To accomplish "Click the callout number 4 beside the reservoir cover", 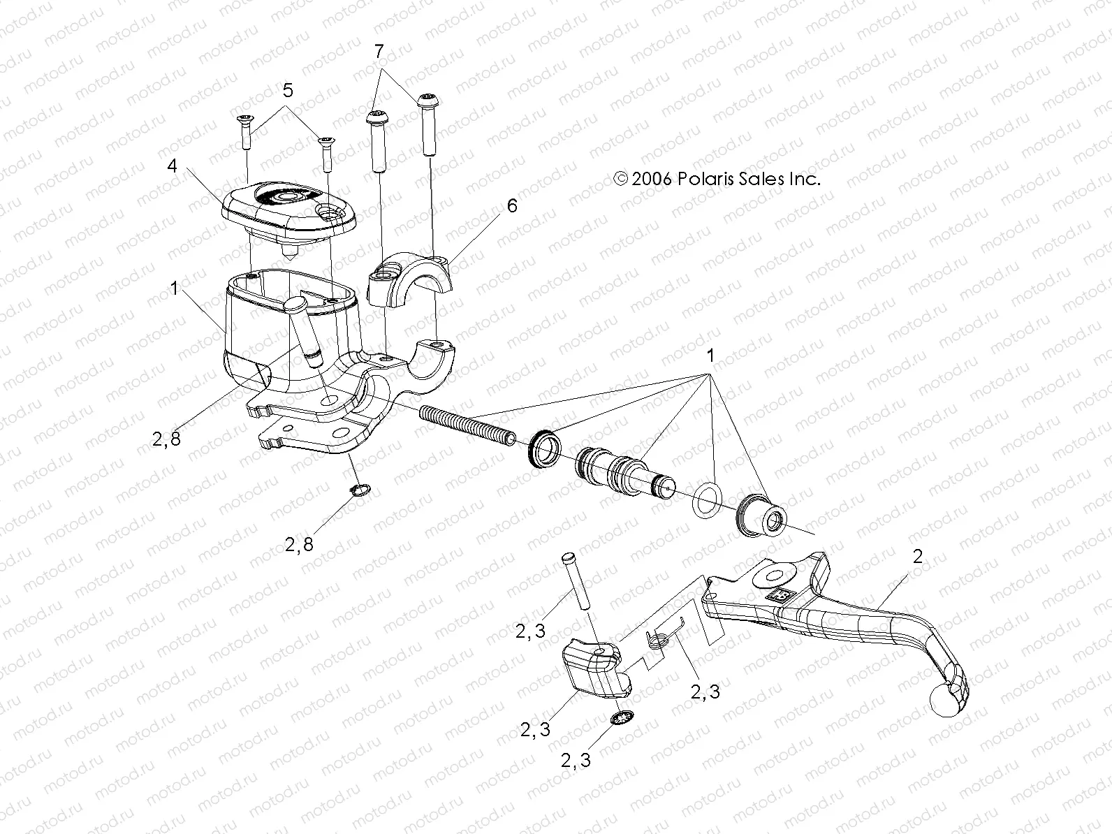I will [171, 167].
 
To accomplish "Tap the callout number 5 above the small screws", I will [287, 90].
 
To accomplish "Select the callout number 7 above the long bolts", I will [379, 51].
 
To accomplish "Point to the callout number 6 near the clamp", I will [512, 206].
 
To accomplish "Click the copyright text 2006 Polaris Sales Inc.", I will [717, 179].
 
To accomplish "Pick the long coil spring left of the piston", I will [468, 425].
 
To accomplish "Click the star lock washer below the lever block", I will [621, 719].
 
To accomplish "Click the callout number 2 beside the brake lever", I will [917, 557].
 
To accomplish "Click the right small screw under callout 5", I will [325, 153].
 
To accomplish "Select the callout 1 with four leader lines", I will [710, 356].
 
